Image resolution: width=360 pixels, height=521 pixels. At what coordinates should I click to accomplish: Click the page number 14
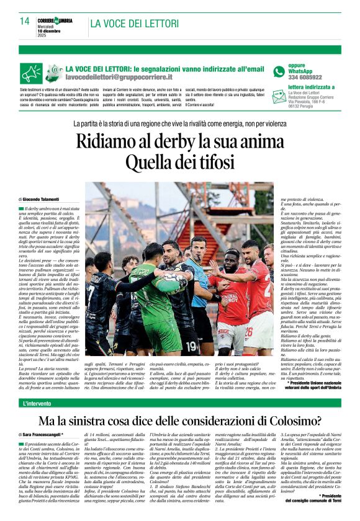coord(25,21)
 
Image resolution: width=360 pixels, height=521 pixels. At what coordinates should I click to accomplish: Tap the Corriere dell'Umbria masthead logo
coord(56,19)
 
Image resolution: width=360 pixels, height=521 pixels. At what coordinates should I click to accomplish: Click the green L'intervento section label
coord(38,404)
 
